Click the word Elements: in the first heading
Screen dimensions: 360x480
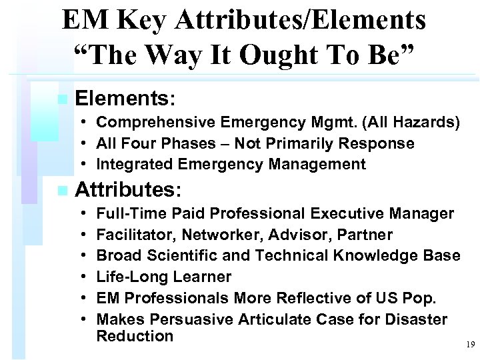click(x=125, y=99)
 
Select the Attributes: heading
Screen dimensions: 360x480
click(x=128, y=190)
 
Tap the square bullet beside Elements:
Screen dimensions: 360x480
click(x=62, y=99)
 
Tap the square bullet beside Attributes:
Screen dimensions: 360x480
click(x=62, y=191)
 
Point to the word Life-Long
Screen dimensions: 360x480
click(x=131, y=277)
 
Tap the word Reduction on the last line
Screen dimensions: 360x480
click(x=135, y=336)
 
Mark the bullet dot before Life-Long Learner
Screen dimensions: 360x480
click(x=87, y=277)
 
